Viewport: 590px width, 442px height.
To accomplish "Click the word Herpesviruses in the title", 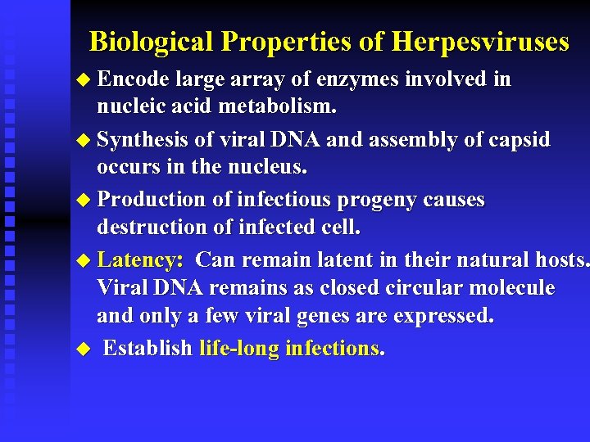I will point(480,42).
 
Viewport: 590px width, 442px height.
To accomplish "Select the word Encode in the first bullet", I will point(132,79).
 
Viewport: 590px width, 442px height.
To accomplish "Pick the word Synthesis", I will point(143,140).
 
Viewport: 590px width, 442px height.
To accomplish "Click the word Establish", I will point(147,349).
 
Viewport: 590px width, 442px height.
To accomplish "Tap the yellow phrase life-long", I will point(238,349).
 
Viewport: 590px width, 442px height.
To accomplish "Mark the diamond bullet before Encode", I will point(80,80).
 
